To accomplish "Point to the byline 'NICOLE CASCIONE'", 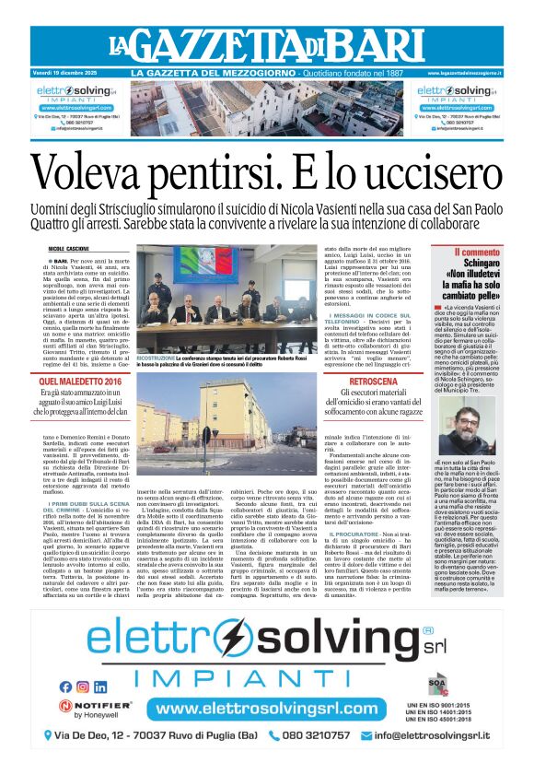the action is (x=68, y=249).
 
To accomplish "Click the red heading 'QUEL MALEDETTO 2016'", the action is (x=72, y=381).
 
